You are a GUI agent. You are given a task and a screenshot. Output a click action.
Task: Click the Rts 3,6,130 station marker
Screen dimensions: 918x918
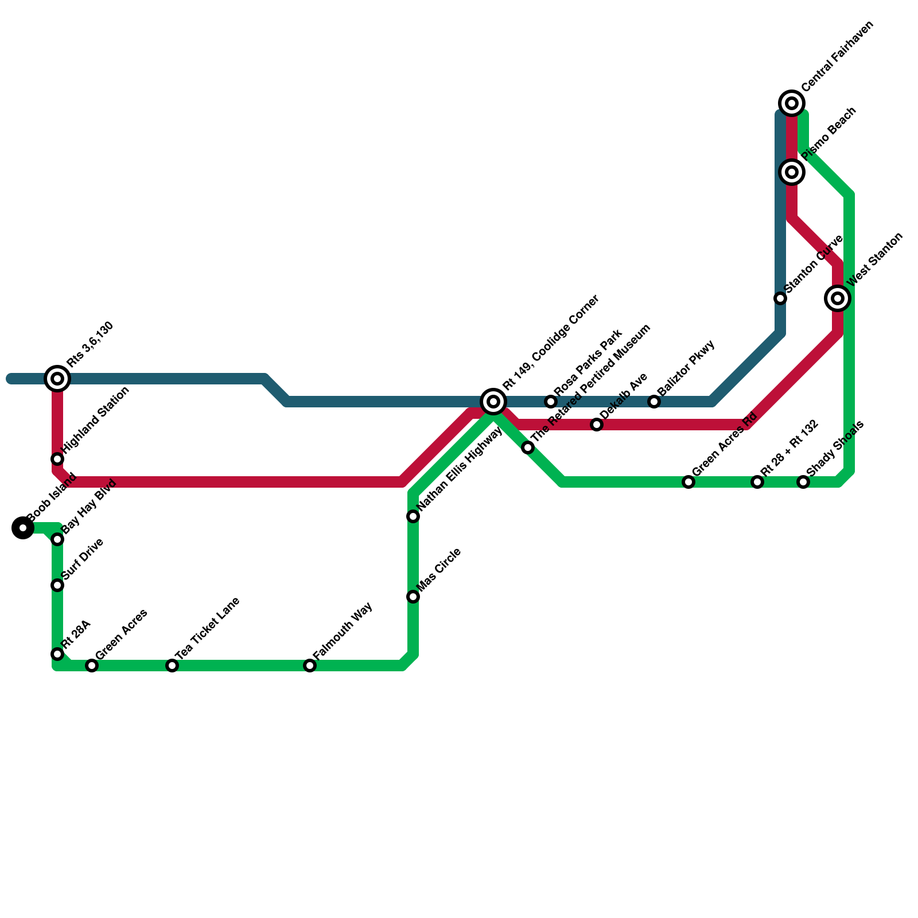57,379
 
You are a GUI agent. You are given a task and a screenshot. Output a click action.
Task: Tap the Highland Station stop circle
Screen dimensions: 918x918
57,459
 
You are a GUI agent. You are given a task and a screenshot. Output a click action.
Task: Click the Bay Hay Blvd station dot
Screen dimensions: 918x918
57,539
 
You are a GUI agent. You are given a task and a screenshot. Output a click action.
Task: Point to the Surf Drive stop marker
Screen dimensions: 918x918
57,585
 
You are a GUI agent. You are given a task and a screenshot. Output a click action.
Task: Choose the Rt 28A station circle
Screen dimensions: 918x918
57,654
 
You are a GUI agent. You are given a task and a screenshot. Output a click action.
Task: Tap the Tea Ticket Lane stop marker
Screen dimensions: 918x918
172,666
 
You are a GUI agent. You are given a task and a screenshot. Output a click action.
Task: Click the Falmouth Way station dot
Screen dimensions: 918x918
310,666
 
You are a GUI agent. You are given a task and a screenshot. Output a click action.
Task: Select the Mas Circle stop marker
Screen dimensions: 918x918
413,597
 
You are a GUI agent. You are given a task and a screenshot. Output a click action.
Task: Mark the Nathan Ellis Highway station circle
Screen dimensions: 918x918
413,516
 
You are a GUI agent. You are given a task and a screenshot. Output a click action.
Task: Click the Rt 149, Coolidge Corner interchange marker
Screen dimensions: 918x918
493,402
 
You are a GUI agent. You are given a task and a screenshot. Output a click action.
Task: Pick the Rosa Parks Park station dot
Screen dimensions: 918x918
551,402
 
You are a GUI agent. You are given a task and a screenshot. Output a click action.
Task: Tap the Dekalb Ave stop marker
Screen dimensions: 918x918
597,425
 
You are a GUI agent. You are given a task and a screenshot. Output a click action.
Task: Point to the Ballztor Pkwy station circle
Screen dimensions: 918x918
654,402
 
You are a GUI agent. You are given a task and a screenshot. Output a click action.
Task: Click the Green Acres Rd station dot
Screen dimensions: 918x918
688,482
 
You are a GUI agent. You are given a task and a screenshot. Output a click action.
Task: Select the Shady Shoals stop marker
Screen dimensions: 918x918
803,482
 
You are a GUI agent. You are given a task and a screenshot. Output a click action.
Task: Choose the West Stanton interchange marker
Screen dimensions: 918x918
838,298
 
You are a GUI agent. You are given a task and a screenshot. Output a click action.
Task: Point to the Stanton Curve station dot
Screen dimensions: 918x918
780,298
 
